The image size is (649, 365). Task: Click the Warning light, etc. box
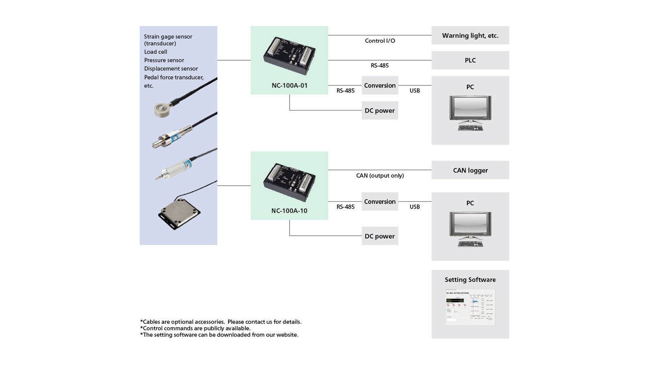(x=470, y=36)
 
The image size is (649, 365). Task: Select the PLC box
(x=470, y=60)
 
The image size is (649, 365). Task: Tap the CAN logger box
(x=470, y=170)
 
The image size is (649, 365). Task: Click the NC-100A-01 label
(x=290, y=86)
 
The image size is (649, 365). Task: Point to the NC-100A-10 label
(x=289, y=211)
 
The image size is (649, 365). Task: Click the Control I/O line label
(x=380, y=41)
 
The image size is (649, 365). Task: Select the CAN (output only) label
(x=380, y=176)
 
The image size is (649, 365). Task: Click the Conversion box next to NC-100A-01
(x=380, y=86)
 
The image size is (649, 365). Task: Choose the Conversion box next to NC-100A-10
(x=380, y=202)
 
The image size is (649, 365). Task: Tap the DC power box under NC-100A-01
(x=380, y=111)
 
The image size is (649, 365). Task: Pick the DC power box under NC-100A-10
(x=380, y=236)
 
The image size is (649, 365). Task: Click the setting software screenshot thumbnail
(x=470, y=307)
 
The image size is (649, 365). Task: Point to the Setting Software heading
(x=470, y=280)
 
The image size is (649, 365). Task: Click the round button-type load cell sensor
(x=162, y=109)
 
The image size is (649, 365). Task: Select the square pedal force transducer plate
(x=179, y=213)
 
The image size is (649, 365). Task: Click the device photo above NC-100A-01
(x=290, y=56)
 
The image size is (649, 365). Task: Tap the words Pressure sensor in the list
(x=164, y=60)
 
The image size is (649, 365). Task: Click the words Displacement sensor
(x=171, y=69)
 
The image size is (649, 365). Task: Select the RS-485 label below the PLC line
(x=380, y=66)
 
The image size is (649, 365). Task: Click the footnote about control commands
(x=195, y=328)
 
